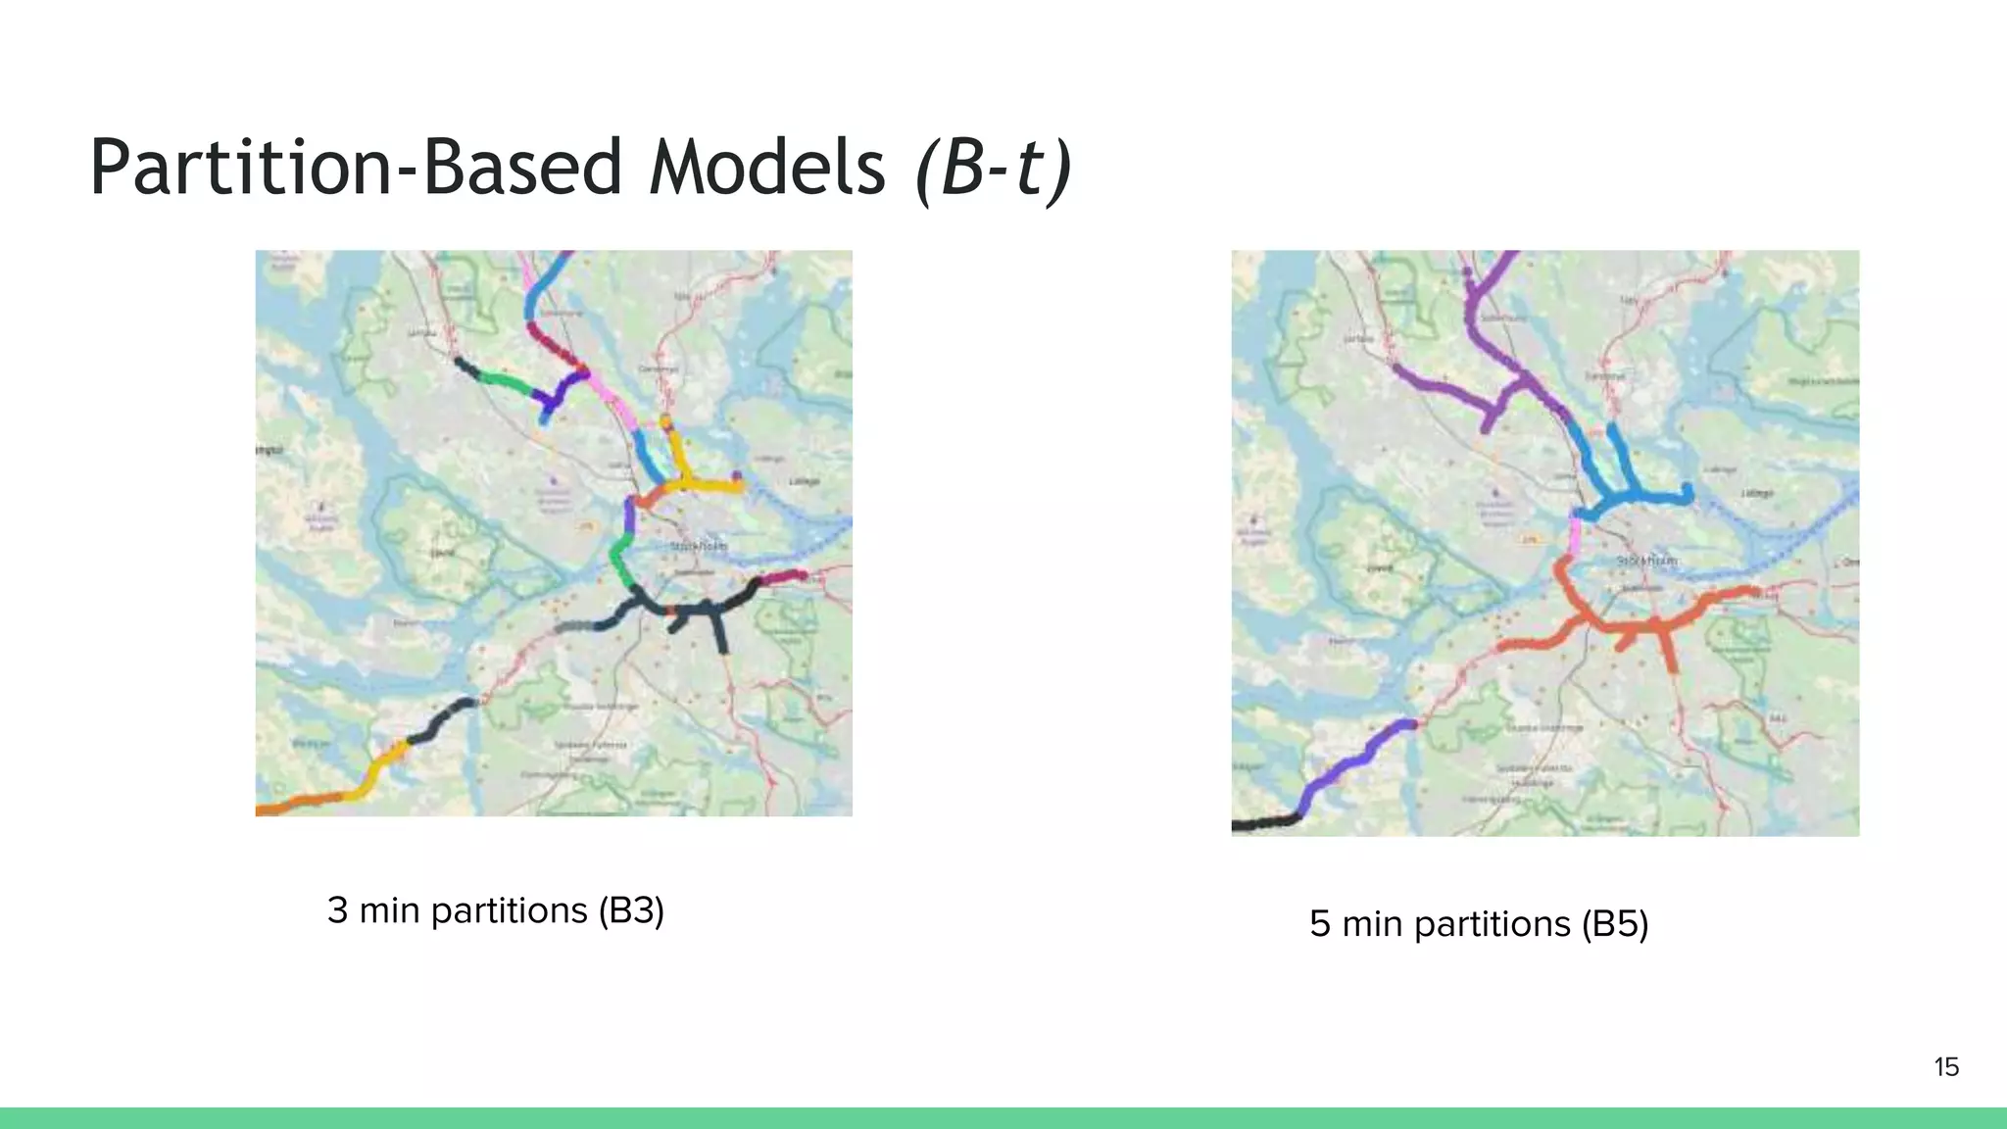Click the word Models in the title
tap(767, 167)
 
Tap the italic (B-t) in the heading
tap(993, 169)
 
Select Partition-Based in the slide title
tap(356, 167)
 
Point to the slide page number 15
tap(1946, 1067)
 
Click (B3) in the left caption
tap(631, 910)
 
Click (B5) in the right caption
tap(1615, 924)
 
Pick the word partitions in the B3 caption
tap(509, 911)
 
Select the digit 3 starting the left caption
tap(337, 910)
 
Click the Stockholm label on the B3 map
tap(699, 545)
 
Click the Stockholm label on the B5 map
tap(1646, 560)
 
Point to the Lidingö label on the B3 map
tap(804, 481)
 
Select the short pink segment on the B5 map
tap(1575, 535)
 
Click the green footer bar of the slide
tap(1003, 1118)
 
